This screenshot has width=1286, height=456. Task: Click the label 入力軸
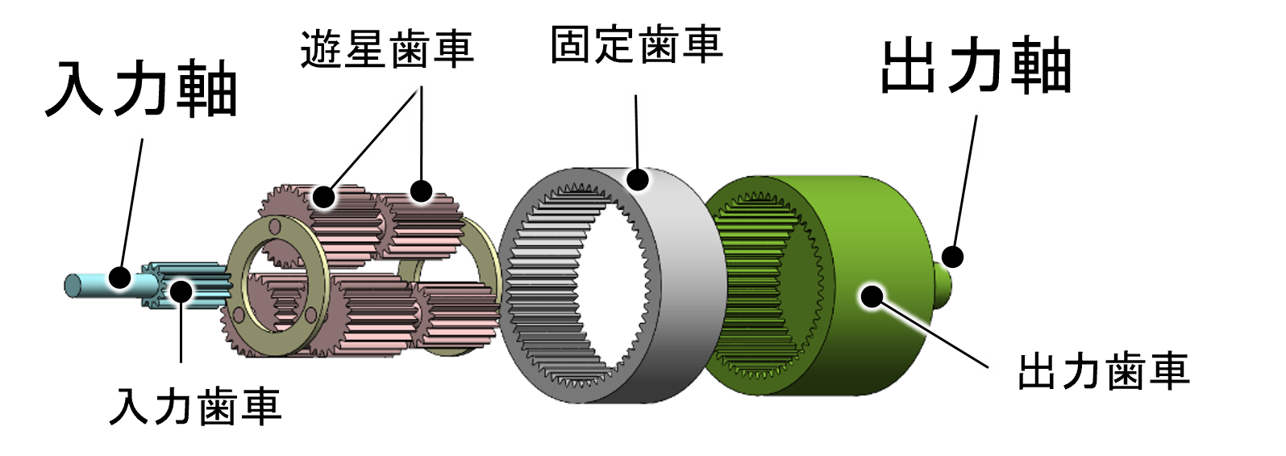coord(141,88)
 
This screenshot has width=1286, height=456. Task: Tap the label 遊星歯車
coord(387,49)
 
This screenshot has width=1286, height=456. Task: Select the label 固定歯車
coord(636,44)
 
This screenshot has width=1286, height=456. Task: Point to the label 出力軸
coord(976,65)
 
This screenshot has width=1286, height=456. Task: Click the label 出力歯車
coord(1104,372)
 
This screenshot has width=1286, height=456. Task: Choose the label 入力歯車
coord(195,407)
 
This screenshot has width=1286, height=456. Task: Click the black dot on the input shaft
coord(120,277)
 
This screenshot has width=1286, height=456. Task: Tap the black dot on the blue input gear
coord(181,291)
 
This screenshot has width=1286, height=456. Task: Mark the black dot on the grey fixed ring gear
coord(637,179)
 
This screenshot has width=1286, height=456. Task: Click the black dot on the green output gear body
coord(872,296)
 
